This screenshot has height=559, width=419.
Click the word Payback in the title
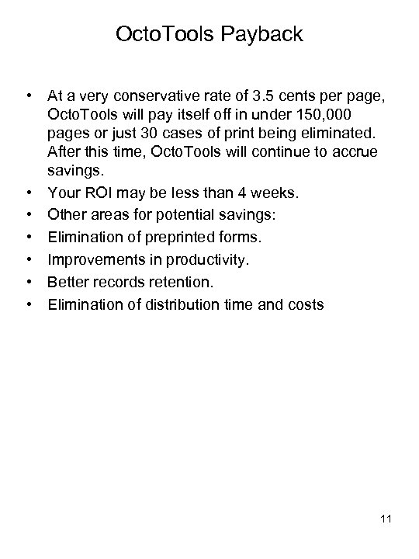click(261, 36)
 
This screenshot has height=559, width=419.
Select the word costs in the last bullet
click(305, 304)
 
